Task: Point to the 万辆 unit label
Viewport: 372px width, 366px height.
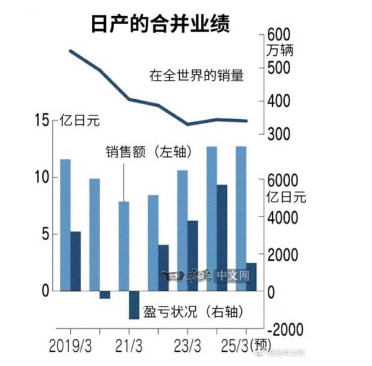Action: [280, 50]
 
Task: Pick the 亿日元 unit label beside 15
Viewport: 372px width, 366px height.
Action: [78, 120]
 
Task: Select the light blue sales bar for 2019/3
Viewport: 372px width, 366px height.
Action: [64, 225]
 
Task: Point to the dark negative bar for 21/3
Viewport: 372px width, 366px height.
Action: [134, 305]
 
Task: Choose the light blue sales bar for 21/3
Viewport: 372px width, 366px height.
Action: [123, 246]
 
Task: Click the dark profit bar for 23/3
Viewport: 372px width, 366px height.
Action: [192, 255]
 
